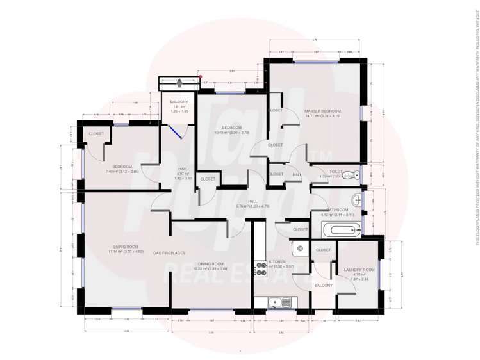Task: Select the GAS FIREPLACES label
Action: [165, 252]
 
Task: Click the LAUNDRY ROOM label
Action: [359, 270]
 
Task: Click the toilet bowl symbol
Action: [349, 175]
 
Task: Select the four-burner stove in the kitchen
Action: [261, 265]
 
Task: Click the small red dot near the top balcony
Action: [199, 76]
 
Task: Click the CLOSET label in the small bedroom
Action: [96, 133]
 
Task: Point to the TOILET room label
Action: [337, 172]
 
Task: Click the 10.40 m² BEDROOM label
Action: [228, 127]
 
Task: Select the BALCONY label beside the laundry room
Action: [323, 286]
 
